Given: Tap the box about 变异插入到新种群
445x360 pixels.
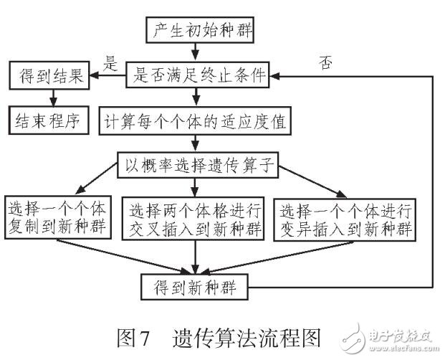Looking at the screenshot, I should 346,219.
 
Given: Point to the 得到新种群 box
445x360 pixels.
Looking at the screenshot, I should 196,288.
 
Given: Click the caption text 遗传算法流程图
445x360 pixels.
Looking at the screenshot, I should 244,335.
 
